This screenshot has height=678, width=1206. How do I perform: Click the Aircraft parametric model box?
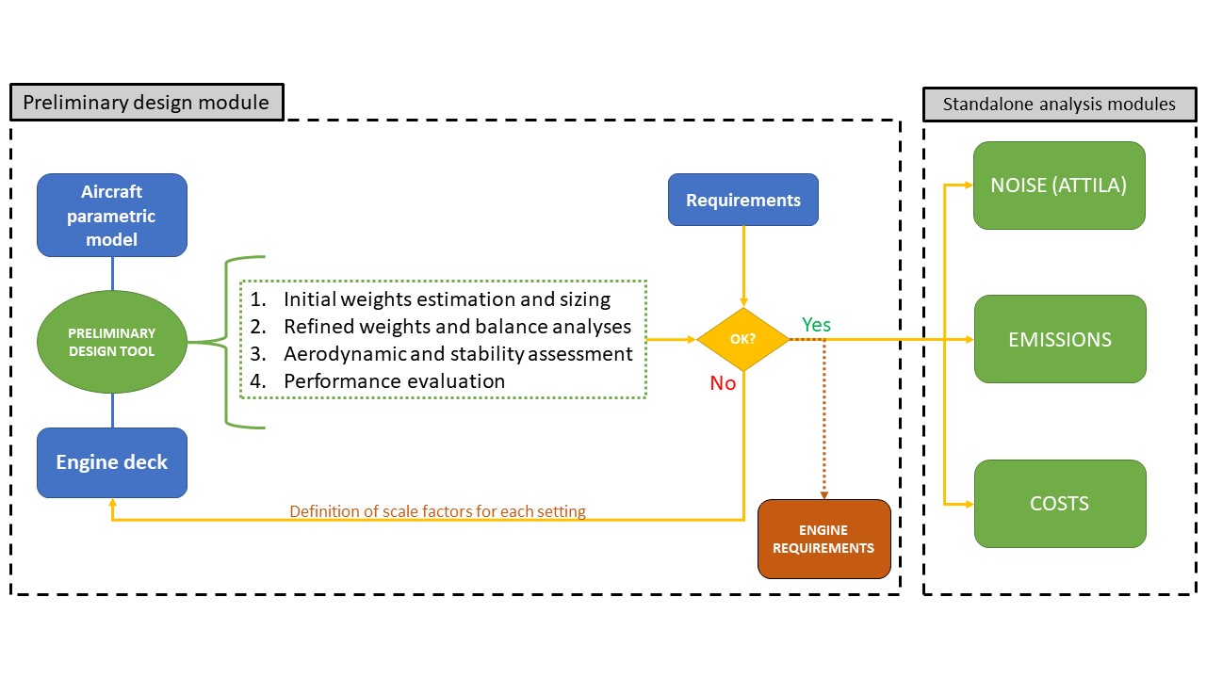pos(112,216)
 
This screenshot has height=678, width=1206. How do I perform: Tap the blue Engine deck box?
pos(112,462)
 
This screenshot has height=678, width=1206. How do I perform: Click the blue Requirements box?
pos(743,200)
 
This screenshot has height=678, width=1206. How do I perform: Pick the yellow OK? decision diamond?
pos(743,339)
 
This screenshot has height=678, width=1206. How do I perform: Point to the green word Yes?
pos(816,325)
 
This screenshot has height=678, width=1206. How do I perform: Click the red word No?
pos(723,383)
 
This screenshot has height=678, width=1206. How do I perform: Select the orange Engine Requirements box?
pos(824,539)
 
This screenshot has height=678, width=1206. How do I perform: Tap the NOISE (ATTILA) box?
pos(1059,186)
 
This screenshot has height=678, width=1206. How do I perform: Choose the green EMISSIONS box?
pos(1060,339)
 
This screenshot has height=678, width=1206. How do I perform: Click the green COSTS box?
pos(1060,504)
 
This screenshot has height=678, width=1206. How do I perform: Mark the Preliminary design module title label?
pos(146,103)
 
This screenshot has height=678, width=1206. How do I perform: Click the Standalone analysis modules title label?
pos(1059,104)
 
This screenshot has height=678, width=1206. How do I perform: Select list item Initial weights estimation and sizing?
pos(447,299)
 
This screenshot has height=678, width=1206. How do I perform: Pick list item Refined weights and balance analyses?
pos(457,327)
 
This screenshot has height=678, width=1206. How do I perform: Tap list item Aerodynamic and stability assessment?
pos(458,354)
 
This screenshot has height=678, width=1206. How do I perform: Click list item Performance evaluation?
pos(394,381)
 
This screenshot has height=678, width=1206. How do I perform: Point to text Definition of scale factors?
pos(437,511)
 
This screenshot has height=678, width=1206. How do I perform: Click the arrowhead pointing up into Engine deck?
pos(112,505)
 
